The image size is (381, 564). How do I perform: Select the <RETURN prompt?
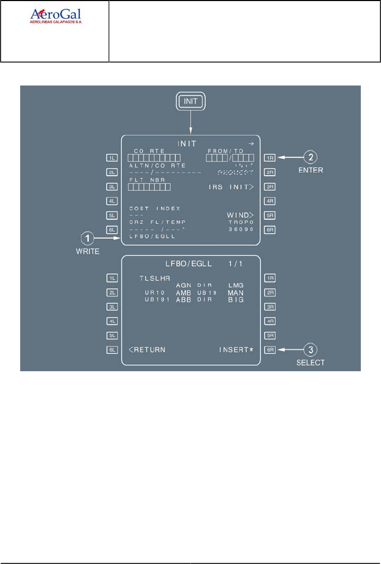[147, 349]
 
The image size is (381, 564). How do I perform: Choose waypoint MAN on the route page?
[235, 293]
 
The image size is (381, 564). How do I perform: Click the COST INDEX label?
[155, 209]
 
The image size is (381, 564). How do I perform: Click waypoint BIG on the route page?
[235, 300]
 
